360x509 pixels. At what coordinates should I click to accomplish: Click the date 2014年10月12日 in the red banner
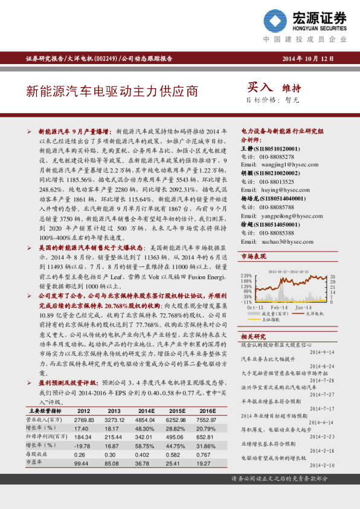click(x=308, y=59)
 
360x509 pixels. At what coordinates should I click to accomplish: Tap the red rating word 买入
click(x=260, y=87)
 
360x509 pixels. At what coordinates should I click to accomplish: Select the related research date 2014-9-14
click(x=322, y=352)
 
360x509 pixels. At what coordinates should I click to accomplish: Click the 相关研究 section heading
click(x=253, y=336)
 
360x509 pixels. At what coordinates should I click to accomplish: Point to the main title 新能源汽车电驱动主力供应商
click(x=112, y=91)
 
